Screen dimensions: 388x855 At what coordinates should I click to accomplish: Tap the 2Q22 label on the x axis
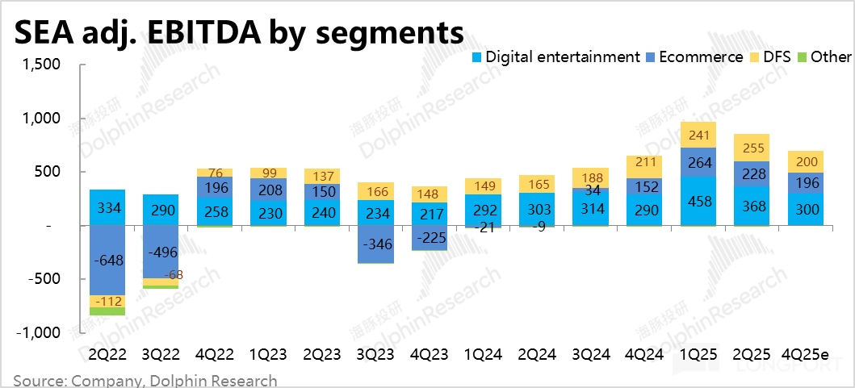107,354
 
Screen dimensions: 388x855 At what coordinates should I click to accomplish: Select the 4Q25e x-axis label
807,354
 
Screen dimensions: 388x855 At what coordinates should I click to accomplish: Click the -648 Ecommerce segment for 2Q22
107,261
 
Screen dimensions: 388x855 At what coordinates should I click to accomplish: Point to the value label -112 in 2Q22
107,301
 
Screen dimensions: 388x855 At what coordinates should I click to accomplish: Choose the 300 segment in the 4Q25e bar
807,210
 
